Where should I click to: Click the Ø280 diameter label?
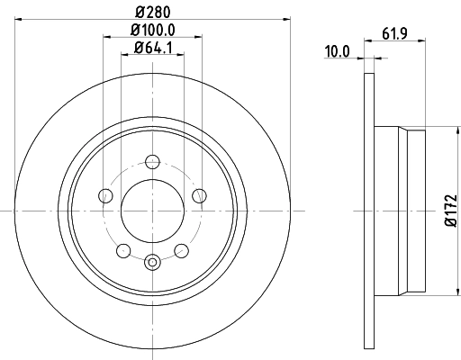point(152,12)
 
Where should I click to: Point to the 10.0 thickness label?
point(337,52)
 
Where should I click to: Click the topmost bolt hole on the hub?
point(152,162)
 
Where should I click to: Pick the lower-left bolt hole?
point(123,249)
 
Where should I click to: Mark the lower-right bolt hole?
point(181,249)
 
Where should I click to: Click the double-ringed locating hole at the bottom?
point(152,262)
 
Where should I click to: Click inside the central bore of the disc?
point(152,211)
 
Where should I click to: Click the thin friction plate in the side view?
point(368,211)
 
